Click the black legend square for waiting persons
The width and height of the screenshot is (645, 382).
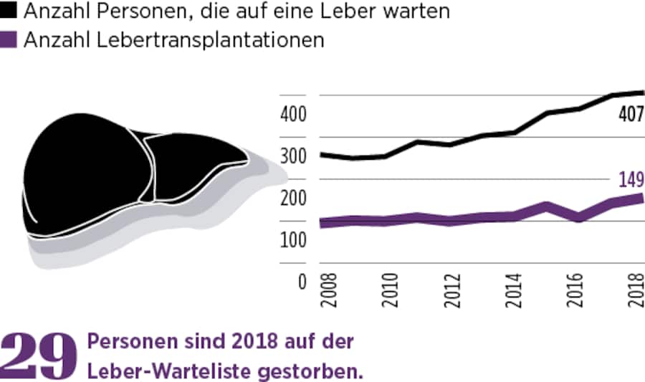(x=8, y=12)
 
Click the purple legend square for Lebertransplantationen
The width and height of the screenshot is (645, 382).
(x=8, y=40)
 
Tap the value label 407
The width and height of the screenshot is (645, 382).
(x=630, y=114)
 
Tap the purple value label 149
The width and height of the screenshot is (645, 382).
(x=631, y=179)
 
